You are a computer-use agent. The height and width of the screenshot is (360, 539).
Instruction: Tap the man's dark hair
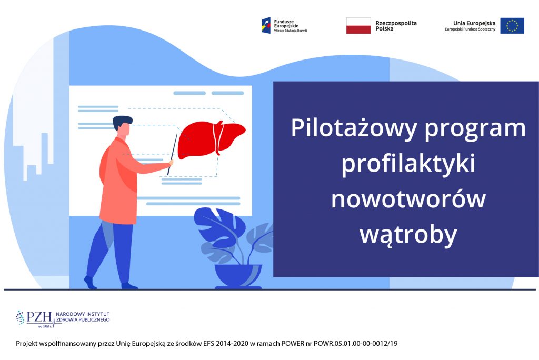coord(122,122)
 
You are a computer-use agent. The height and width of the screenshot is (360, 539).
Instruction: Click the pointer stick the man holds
coord(172,154)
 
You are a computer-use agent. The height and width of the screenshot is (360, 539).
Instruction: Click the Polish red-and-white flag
coord(358,26)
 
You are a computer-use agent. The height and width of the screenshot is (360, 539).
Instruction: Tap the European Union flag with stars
coord(512,26)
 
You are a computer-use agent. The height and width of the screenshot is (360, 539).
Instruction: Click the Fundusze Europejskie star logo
coord(266,25)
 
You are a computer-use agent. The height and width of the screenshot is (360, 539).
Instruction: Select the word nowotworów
coord(408,199)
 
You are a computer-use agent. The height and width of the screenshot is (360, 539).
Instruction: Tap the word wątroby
coord(408,235)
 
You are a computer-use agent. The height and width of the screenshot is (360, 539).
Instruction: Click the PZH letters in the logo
coord(39,317)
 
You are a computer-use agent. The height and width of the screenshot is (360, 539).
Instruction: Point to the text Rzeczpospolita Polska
coord(396,26)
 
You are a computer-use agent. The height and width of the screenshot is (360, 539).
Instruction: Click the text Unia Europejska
coord(474,23)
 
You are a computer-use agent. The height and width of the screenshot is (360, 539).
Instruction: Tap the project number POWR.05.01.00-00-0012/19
coord(355,343)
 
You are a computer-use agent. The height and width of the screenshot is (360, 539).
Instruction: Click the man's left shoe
coord(129,286)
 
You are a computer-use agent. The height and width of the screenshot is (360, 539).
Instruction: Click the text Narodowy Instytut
coord(83,314)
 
